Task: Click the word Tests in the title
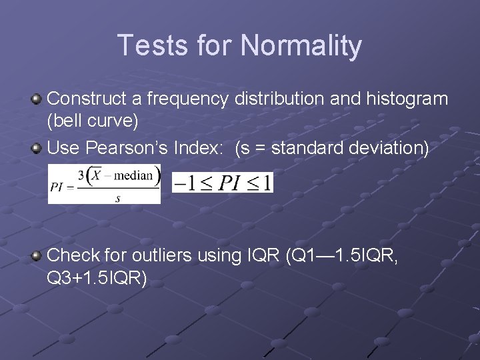pyautogui.click(x=154, y=46)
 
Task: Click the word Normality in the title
pyautogui.click(x=301, y=46)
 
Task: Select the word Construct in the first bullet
pyautogui.click(x=87, y=99)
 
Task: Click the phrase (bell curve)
pyautogui.click(x=93, y=123)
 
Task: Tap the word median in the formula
pyautogui.click(x=135, y=176)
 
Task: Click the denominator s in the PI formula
pyautogui.click(x=117, y=198)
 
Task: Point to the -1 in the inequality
pyautogui.click(x=184, y=182)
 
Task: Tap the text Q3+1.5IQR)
pyautogui.click(x=97, y=278)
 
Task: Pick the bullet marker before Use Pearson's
pyautogui.click(x=38, y=148)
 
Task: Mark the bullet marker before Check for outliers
pyautogui.click(x=38, y=255)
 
